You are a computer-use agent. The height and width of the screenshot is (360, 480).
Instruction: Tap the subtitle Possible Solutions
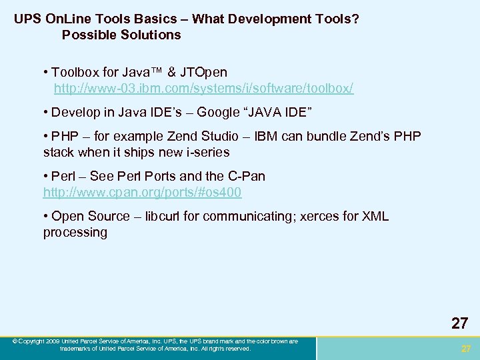pyautogui.click(x=121, y=35)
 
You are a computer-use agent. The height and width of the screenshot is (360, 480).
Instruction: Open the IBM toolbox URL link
pyautogui.click(x=203, y=88)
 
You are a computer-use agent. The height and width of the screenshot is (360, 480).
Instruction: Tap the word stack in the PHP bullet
pyautogui.click(x=59, y=152)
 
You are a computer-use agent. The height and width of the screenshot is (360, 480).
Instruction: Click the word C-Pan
pyautogui.click(x=247, y=176)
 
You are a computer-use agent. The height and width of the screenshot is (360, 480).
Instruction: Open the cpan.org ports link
pyautogui.click(x=142, y=192)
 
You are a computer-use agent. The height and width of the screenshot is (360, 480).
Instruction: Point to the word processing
pyautogui.click(x=75, y=232)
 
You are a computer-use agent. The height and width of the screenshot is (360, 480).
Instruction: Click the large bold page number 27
pyautogui.click(x=459, y=324)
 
